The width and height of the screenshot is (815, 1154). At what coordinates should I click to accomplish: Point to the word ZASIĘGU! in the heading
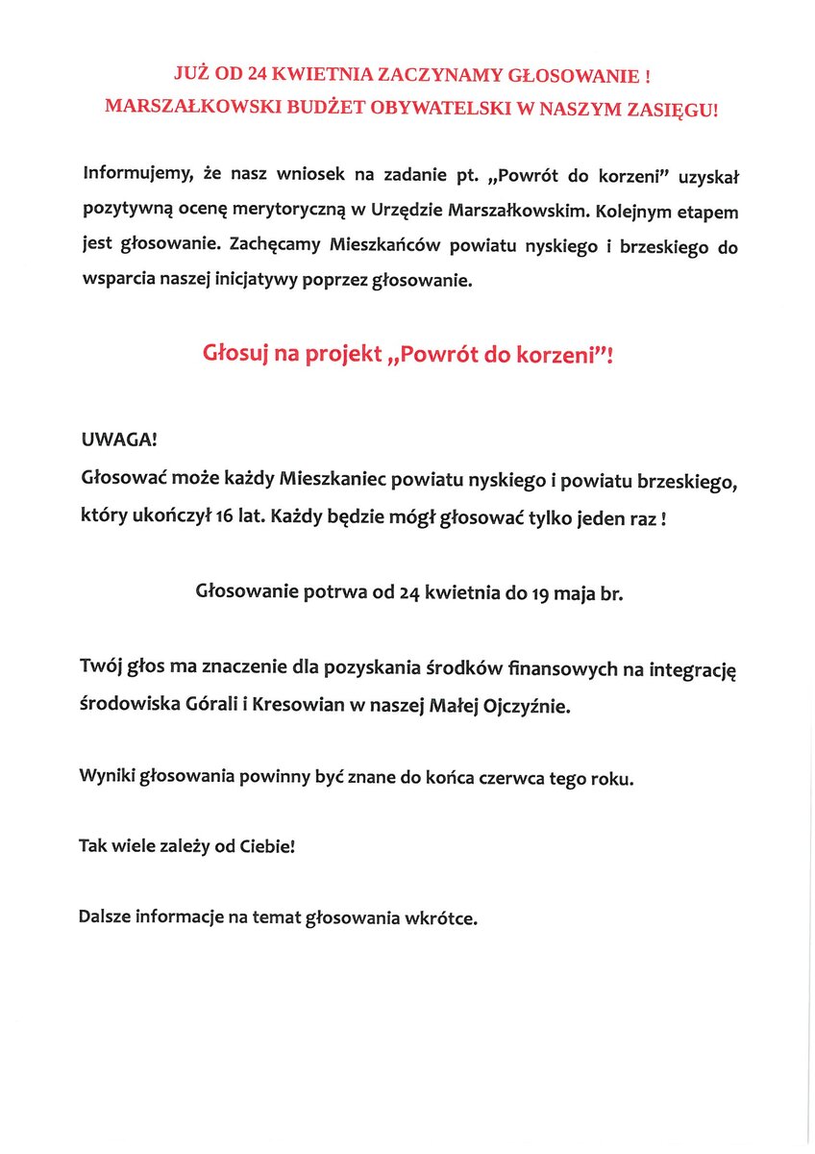point(673,110)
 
